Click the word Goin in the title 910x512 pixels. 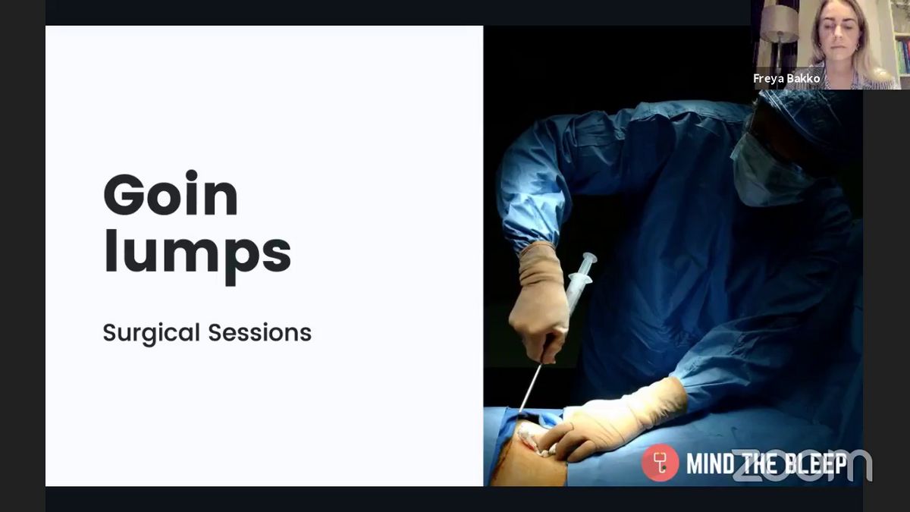point(171,194)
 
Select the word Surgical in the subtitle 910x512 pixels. point(151,334)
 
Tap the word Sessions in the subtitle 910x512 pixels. point(260,332)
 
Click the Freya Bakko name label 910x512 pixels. point(786,78)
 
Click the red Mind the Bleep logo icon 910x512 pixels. point(661,463)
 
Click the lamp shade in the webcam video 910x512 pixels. point(780,24)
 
